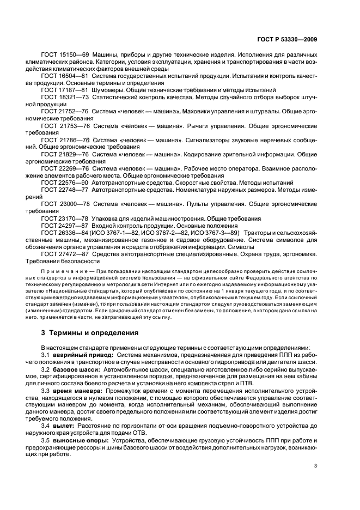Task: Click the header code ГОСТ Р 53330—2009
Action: coord(289,40)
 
